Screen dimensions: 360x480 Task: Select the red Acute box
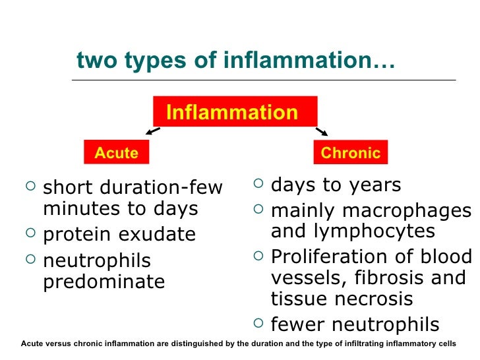(x=117, y=153)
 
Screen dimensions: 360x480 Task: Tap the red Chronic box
(x=350, y=153)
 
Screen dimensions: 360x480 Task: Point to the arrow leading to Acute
(x=152, y=131)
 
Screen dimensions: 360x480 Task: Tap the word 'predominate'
(x=104, y=282)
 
